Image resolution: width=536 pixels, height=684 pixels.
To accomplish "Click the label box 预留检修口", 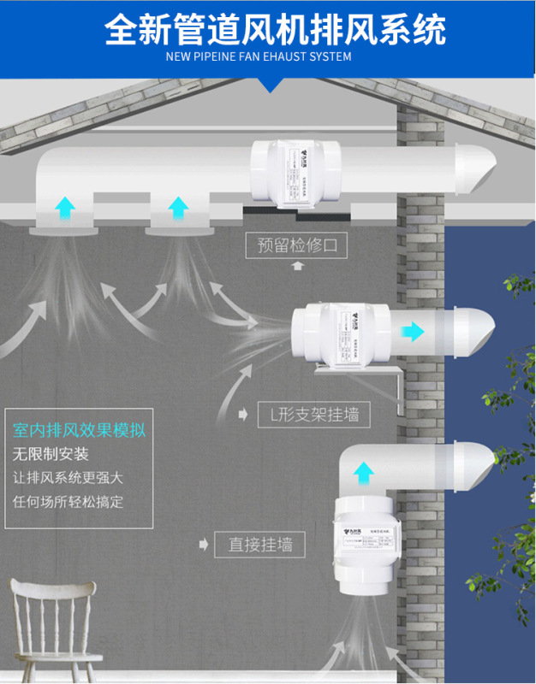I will [297, 247].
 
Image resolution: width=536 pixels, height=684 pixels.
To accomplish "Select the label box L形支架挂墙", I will [314, 416].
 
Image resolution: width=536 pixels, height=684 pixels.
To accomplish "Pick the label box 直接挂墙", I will [260, 543].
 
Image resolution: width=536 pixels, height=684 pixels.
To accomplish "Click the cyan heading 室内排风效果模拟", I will [79, 429].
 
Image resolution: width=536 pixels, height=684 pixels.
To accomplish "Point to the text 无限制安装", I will [51, 454].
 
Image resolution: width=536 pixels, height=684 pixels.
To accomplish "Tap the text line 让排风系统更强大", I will [68, 478].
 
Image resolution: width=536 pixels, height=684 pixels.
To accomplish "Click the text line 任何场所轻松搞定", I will [68, 502].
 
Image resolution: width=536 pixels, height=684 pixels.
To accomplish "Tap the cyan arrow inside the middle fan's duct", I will [414, 332].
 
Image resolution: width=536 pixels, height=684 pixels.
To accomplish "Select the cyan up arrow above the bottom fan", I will [365, 471].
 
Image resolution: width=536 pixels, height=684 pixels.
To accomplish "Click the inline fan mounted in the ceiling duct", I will [296, 171].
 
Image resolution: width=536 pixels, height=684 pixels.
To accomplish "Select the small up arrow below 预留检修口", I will [297, 266].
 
